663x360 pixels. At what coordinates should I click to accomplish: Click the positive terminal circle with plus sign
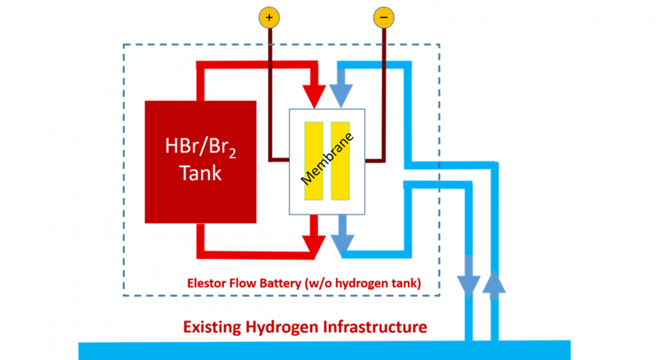[x=269, y=17]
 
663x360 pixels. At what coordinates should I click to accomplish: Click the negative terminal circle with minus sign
[x=383, y=17]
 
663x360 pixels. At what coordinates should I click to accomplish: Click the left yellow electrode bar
[x=313, y=161]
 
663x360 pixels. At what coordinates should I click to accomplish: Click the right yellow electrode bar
[x=340, y=161]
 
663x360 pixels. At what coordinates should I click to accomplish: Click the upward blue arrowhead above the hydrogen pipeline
[x=494, y=282]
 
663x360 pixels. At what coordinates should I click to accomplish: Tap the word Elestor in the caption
[x=205, y=284]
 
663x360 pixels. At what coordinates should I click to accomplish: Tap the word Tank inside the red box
[x=200, y=173]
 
